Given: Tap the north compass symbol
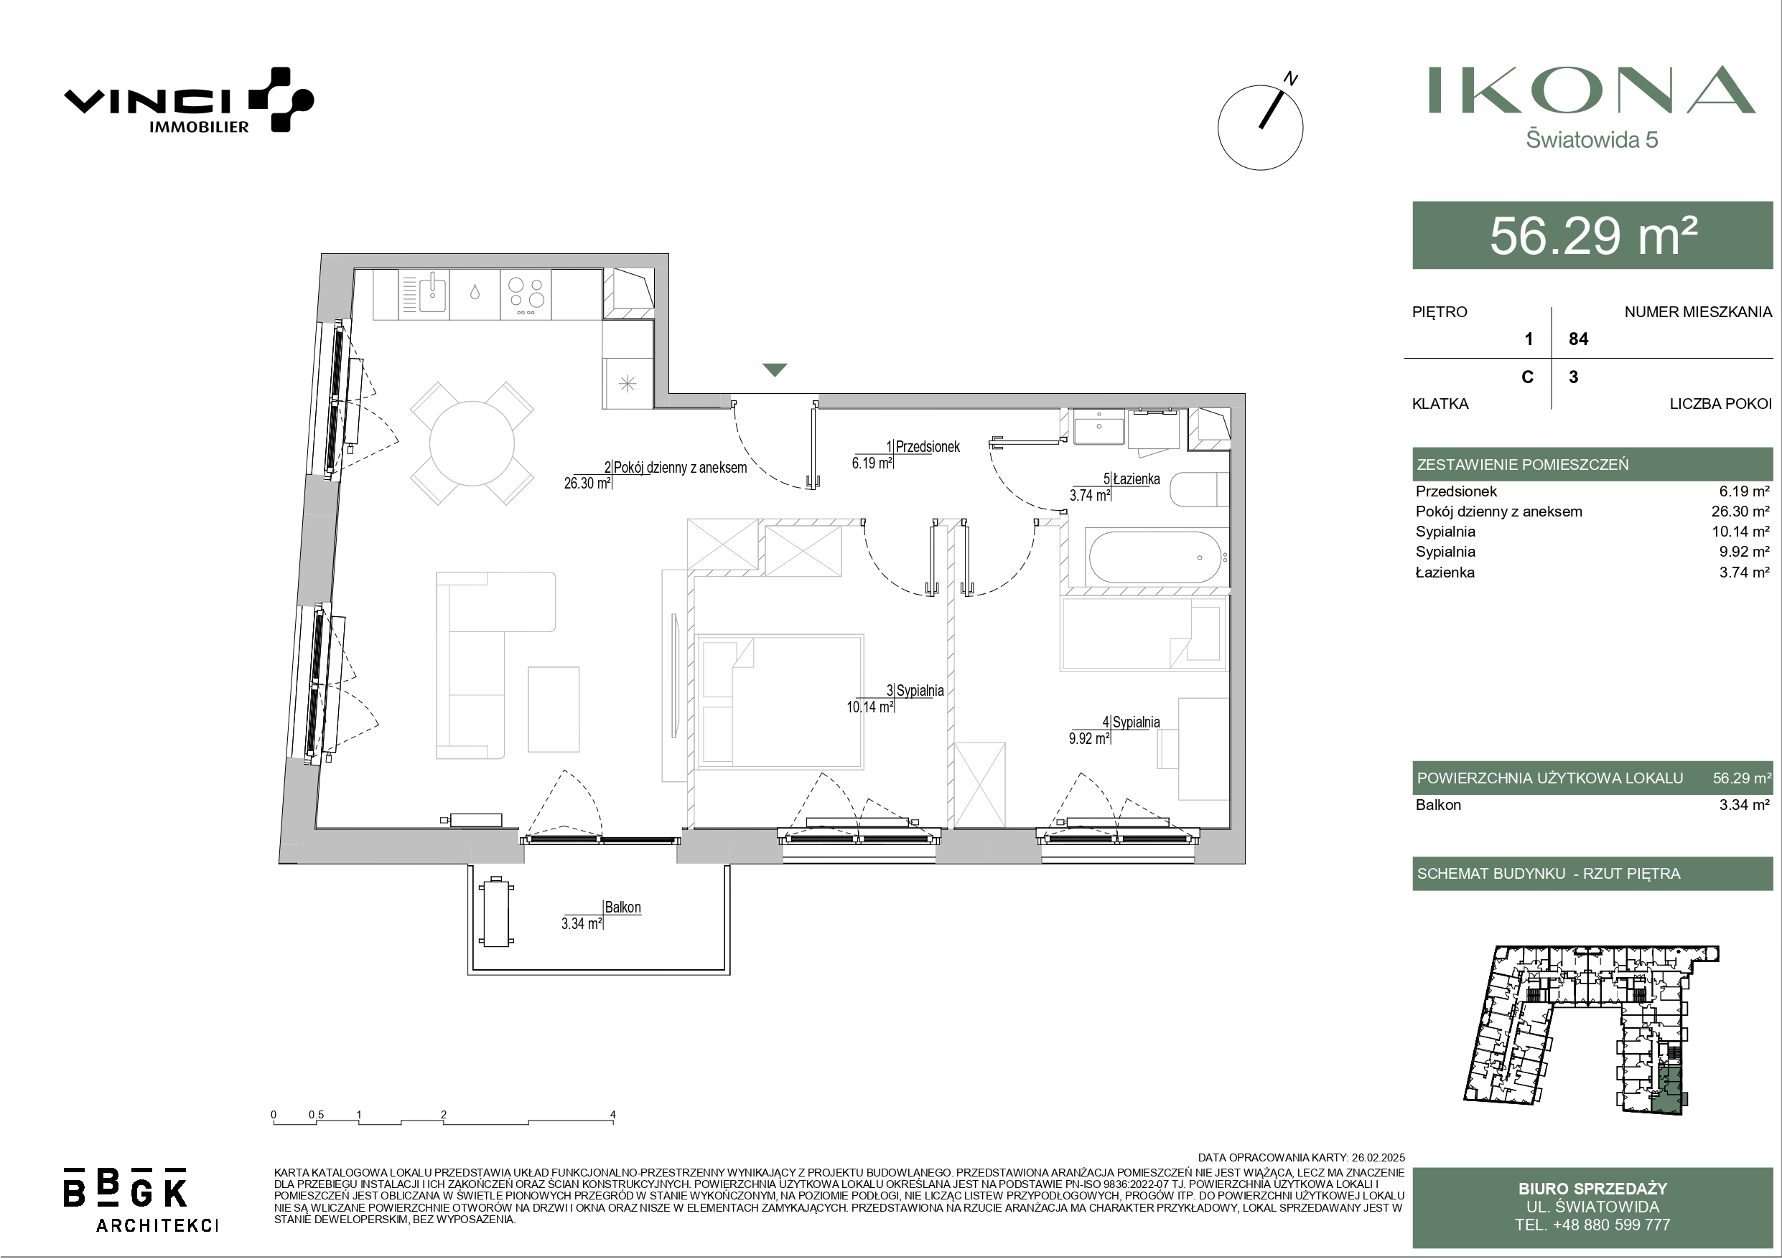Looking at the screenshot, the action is point(1261,126).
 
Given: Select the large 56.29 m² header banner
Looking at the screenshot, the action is point(1592,235).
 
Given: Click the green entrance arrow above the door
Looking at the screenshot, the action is point(775,370).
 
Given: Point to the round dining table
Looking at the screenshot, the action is point(472,443).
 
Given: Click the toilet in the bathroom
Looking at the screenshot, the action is point(1199,489).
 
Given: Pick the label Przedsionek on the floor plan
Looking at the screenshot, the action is point(928,447).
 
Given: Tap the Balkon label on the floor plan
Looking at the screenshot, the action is point(622,907).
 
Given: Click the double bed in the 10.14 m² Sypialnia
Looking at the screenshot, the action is point(780,702).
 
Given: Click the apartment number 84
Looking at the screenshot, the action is point(1579,339).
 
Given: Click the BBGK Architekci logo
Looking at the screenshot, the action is point(141,1199).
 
